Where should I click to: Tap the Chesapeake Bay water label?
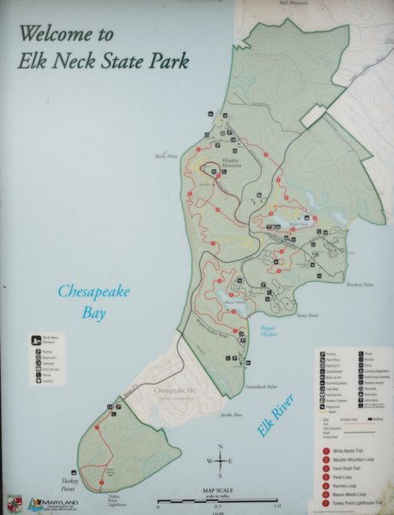(x=93, y=302)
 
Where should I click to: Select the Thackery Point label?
(x=358, y=284)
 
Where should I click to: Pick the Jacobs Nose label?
(x=233, y=415)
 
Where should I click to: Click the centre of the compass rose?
(x=221, y=461)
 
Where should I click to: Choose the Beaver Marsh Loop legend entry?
(x=352, y=494)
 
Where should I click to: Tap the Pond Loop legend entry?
(x=344, y=476)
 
